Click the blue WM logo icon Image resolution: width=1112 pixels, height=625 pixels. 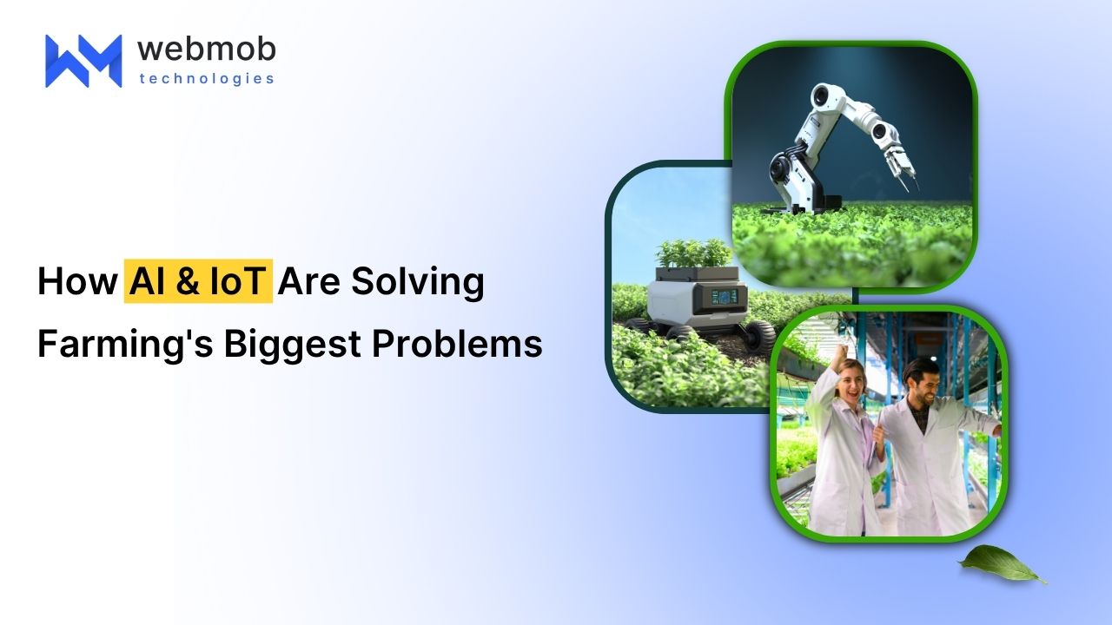tap(83, 61)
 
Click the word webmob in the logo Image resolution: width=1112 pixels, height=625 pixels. tap(206, 49)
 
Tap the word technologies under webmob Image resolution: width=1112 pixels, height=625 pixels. tap(207, 79)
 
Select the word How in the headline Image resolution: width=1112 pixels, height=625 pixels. tap(77, 282)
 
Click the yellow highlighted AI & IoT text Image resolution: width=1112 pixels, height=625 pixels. tap(198, 281)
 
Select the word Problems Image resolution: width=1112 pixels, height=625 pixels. tap(457, 343)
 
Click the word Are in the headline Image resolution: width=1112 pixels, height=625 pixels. tap(308, 282)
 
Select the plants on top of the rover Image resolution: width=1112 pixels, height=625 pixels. tap(694, 254)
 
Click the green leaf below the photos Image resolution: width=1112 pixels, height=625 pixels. tap(1000, 564)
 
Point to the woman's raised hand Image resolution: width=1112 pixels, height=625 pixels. tap(840, 353)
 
